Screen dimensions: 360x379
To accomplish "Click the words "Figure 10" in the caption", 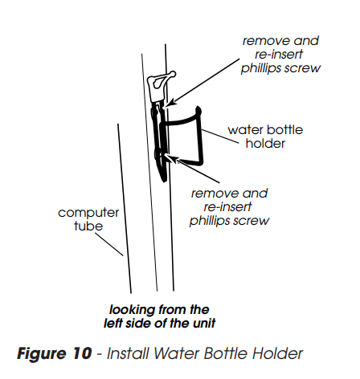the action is [x=55, y=353].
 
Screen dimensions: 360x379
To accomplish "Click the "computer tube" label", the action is [x=88, y=219].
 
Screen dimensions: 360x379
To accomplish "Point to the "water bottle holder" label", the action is [x=265, y=137].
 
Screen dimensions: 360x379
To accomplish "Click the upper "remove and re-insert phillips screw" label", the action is [x=280, y=55].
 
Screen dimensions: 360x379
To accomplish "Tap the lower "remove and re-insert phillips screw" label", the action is [x=229, y=207].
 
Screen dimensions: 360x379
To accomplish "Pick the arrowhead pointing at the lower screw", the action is [x=171, y=158].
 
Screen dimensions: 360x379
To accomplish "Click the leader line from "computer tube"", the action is [x=109, y=244].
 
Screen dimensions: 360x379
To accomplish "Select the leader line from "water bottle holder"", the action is [x=220, y=137].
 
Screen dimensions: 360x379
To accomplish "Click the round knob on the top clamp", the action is [x=173, y=74].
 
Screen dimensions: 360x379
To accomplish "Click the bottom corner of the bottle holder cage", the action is [x=201, y=163].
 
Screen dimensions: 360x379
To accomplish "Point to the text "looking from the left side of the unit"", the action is [x=159, y=316].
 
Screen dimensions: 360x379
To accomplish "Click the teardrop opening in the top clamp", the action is [x=157, y=82].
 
